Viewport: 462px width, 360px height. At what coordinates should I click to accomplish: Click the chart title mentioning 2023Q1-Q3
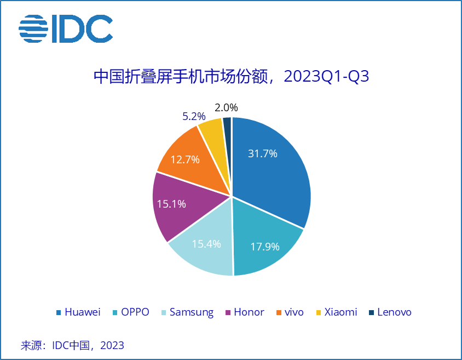pyautogui.click(x=231, y=76)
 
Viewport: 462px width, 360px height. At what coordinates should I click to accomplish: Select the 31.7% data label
pyautogui.click(x=262, y=154)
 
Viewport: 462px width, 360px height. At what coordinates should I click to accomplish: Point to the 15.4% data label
pyautogui.click(x=206, y=244)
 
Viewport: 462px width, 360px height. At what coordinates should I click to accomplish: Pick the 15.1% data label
pyautogui.click(x=171, y=204)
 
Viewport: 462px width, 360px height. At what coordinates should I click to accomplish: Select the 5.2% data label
pyautogui.click(x=194, y=116)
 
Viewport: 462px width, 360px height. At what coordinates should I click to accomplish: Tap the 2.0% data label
pyautogui.click(x=226, y=108)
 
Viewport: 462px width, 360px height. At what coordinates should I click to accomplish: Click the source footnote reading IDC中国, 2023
pyautogui.click(x=72, y=345)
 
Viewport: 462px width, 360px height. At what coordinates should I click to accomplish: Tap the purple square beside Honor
pyautogui.click(x=228, y=313)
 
